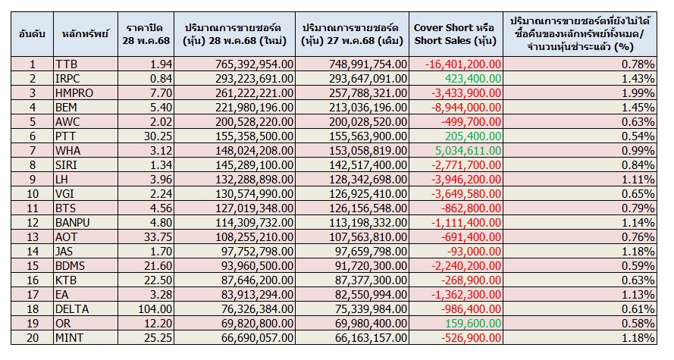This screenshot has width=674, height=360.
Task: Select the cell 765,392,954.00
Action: (x=244, y=65)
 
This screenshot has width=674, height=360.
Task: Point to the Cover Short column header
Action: (x=454, y=33)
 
